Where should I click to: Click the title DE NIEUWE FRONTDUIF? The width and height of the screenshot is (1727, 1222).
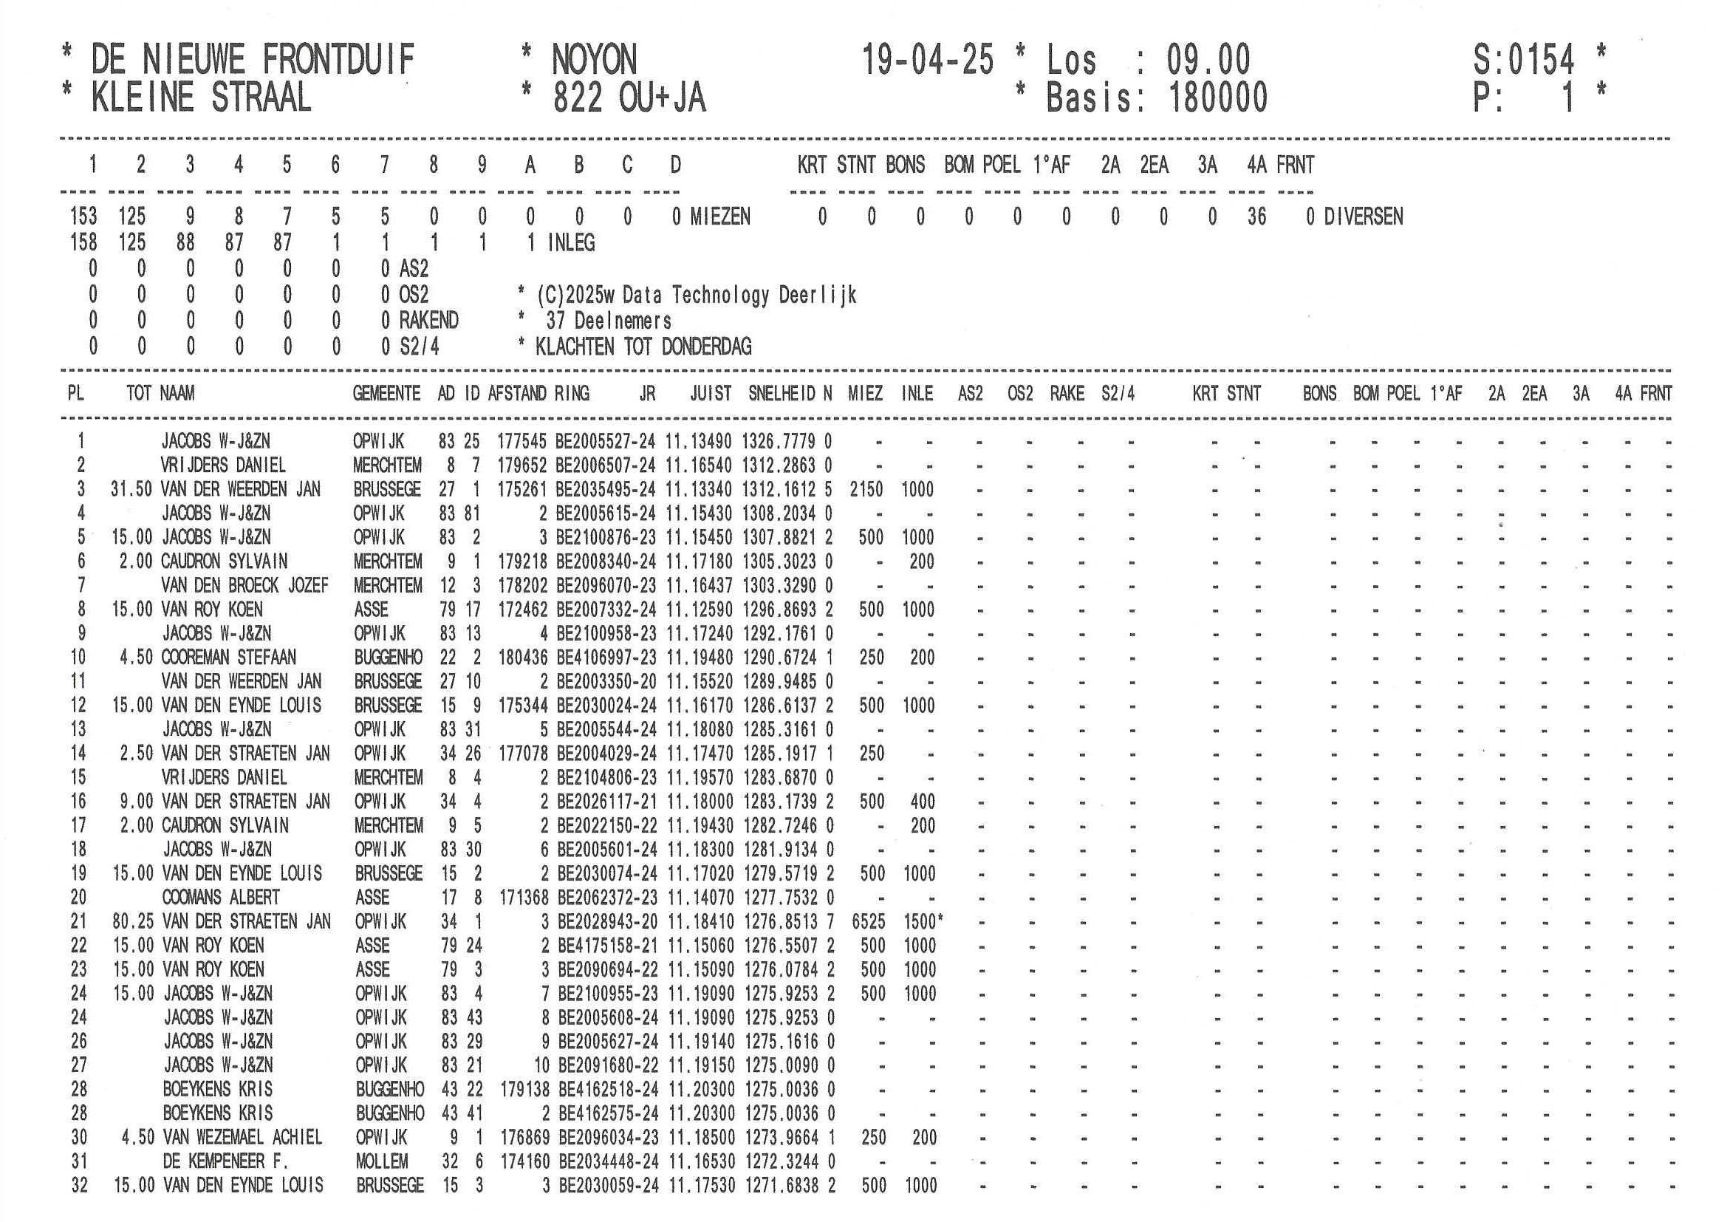click(x=252, y=60)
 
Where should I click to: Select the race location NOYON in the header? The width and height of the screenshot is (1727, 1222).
click(x=593, y=60)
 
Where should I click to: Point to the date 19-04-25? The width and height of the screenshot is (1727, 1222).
click(x=927, y=60)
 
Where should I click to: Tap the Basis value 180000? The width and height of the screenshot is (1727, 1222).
click(x=1218, y=98)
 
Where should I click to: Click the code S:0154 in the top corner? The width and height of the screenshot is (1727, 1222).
click(x=1523, y=60)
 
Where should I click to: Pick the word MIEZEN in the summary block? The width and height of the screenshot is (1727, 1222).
click(x=720, y=217)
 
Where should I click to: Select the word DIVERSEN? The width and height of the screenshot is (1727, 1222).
click(x=1363, y=217)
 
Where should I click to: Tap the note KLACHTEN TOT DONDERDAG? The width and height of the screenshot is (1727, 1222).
click(x=643, y=347)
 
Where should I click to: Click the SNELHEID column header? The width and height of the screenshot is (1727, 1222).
click(x=782, y=394)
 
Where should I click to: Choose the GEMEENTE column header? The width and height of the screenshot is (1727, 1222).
click(x=386, y=394)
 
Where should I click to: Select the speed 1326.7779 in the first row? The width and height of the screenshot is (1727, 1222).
click(x=779, y=442)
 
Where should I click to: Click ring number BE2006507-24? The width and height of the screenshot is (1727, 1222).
click(x=605, y=465)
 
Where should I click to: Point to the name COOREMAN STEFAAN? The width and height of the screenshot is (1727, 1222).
click(x=229, y=658)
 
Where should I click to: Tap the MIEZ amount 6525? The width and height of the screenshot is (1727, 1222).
click(x=868, y=922)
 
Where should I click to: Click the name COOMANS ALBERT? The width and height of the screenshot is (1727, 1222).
click(x=220, y=898)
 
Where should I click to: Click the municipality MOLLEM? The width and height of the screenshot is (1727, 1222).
click(x=381, y=1162)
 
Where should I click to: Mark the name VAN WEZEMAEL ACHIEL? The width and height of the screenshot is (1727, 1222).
click(x=242, y=1138)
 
